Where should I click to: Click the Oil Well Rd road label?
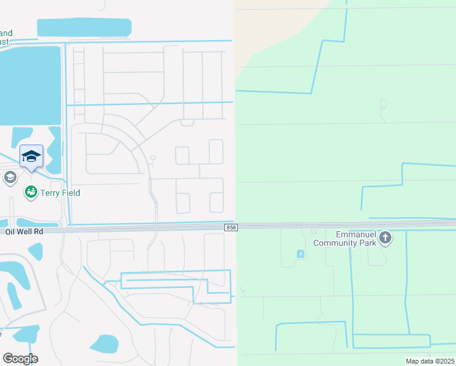click(24, 232)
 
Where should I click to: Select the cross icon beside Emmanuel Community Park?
click(385, 238)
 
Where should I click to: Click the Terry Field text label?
click(60, 193)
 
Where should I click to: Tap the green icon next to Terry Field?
click(30, 193)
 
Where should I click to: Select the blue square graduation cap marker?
click(31, 157)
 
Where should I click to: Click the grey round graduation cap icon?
click(10, 178)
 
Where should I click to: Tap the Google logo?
click(20, 359)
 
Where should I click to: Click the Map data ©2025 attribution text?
click(429, 361)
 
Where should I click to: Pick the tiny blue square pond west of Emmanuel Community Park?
click(300, 254)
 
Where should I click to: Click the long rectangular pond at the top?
click(84, 27)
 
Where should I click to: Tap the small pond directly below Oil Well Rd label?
click(35, 251)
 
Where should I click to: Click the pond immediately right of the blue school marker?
click(54, 149)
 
